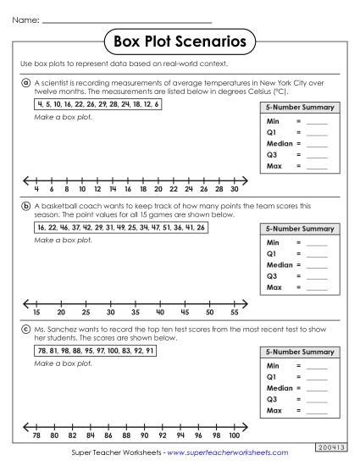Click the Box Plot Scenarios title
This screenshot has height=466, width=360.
(180, 40)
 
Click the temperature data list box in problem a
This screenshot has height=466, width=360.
(97, 103)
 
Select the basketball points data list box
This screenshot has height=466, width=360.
(119, 228)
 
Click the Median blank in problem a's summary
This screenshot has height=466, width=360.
(316, 144)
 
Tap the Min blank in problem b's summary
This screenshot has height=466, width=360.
(316, 242)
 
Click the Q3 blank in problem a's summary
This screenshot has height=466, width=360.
(316, 155)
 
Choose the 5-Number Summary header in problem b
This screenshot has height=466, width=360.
(299, 229)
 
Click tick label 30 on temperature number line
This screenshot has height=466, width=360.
(234, 190)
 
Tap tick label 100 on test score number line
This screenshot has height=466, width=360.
(234, 435)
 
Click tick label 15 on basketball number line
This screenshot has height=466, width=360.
(36, 313)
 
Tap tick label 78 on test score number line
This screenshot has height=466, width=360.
(36, 435)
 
